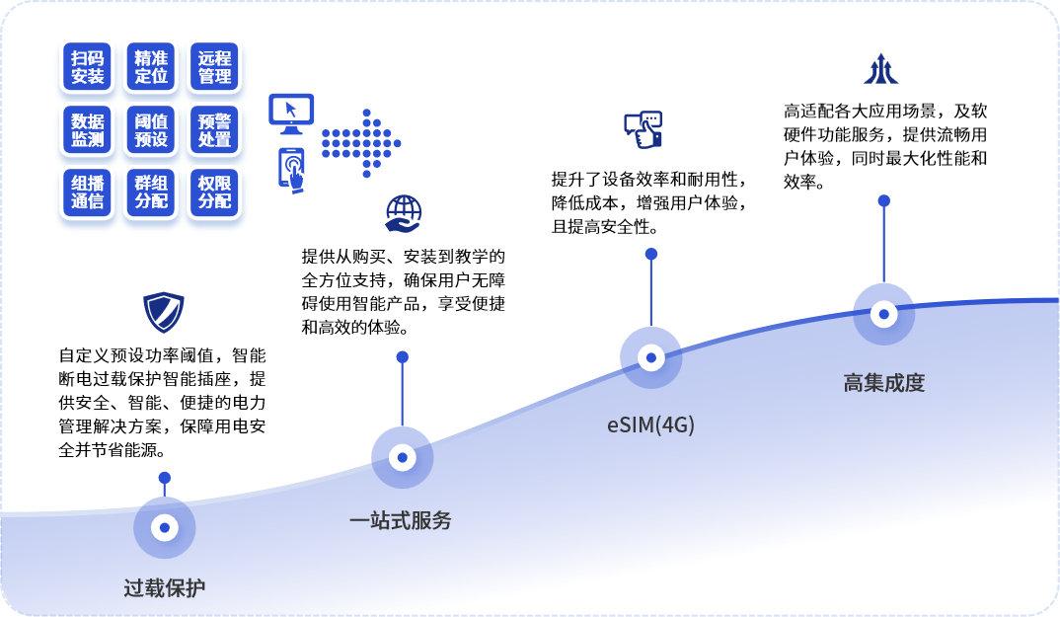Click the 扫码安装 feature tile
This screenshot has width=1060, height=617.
[87, 67]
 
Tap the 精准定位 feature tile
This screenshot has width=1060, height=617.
[151, 67]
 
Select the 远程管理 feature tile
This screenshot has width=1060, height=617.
[214, 67]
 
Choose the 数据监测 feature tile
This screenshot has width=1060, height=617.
[87, 130]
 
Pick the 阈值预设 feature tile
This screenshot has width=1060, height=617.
[151, 130]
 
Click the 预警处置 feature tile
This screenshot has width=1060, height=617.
[214, 130]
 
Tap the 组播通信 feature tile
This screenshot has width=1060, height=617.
[87, 193]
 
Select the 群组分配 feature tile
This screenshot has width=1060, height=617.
[151, 193]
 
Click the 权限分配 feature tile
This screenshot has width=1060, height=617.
[214, 193]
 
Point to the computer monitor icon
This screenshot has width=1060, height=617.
[291, 114]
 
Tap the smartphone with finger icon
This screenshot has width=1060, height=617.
[291, 171]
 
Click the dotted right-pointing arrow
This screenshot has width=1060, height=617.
[361, 143]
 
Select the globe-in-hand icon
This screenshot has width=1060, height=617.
[404, 214]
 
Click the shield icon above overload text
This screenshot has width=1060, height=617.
[164, 312]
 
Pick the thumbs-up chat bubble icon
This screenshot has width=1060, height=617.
[643, 130]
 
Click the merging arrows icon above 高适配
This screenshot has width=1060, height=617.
[880, 69]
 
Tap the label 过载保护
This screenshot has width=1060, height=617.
[164, 588]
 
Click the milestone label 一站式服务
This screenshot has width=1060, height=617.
[400, 520]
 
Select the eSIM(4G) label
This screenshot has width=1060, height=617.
[650, 424]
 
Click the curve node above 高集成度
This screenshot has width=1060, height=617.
[883, 314]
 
